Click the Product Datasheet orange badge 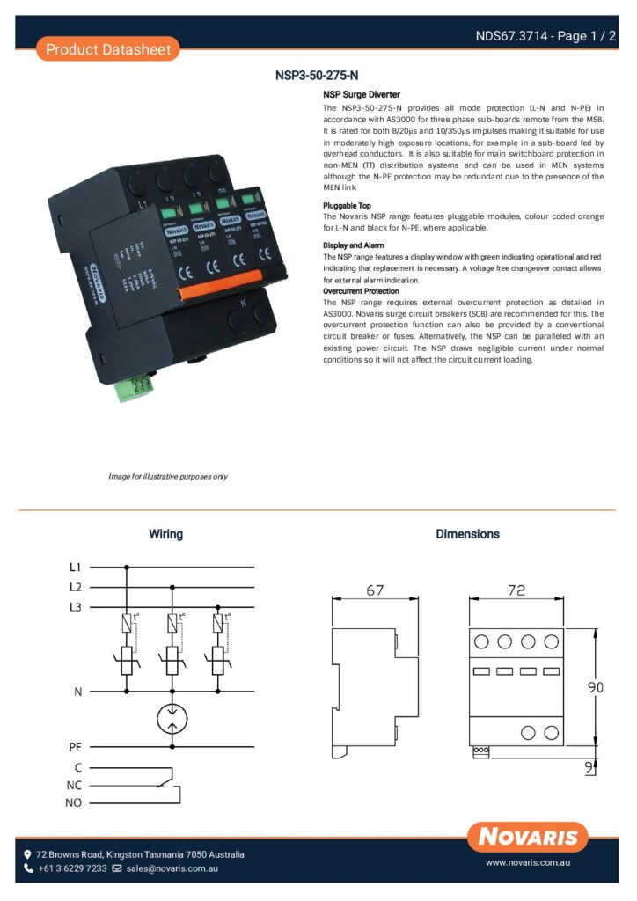click(108, 49)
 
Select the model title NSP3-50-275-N click(317, 76)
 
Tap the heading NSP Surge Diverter click(361, 94)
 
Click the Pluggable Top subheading click(347, 204)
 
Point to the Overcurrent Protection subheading click(361, 290)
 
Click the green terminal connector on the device click(129, 388)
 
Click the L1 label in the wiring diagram click(76, 568)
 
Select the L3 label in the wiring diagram click(76, 607)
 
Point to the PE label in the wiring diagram click(76, 746)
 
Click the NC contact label click(74, 784)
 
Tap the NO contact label click(74, 802)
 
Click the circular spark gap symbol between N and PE click(172, 719)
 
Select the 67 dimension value click(375, 590)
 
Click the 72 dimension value click(517, 590)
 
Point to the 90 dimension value click(596, 687)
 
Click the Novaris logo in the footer click(528, 836)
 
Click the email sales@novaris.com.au click(172, 868)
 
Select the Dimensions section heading click(467, 534)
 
